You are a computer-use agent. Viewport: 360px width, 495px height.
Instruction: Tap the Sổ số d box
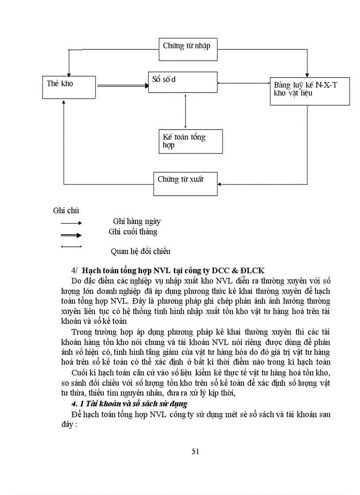tap(182, 82)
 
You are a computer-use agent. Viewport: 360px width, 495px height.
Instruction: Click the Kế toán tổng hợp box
tap(191, 141)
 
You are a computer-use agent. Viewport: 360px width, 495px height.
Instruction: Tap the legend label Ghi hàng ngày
tap(137, 221)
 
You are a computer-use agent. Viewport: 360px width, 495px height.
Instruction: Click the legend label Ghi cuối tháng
tap(133, 231)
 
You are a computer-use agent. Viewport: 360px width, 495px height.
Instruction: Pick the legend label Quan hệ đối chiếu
tap(140, 251)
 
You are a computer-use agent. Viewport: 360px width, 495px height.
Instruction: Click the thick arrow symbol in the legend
tap(71, 235)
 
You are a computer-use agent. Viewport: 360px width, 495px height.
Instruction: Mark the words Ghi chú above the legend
tap(66, 210)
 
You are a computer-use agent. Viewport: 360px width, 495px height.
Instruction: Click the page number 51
tap(196, 450)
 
